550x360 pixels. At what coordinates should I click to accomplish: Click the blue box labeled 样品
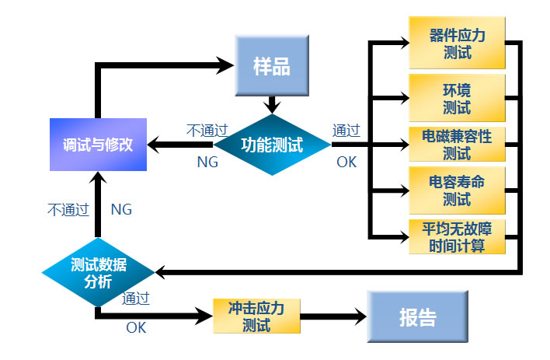[x=271, y=65]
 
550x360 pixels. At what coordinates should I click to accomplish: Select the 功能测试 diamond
[x=272, y=145]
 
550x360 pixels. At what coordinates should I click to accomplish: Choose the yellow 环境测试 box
[x=457, y=96]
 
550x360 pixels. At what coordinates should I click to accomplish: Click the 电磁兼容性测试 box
[x=457, y=144]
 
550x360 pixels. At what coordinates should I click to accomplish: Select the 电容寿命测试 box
[x=457, y=190]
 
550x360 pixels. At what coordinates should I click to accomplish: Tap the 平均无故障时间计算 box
[x=457, y=236]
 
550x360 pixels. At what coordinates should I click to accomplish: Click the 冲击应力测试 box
[x=256, y=316]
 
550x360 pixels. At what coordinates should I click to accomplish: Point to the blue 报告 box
[x=417, y=317]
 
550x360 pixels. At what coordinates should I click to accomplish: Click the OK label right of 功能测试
[x=346, y=162]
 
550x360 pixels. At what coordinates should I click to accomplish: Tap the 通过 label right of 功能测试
[x=346, y=130]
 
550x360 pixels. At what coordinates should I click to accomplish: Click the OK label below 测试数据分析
[x=136, y=327]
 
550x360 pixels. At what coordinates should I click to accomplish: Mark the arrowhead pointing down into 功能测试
[x=271, y=106]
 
